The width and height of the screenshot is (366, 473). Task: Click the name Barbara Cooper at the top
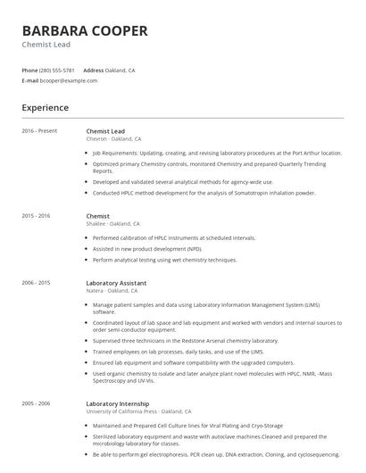tap(85, 30)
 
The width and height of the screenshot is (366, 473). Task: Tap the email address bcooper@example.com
tap(69, 80)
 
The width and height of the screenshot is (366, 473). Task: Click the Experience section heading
tap(45, 108)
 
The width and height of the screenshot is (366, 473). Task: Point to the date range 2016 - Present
tap(39, 131)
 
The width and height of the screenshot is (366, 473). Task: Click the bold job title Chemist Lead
tap(105, 131)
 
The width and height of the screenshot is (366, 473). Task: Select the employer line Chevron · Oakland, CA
tap(113, 139)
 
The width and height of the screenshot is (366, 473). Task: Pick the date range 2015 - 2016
tap(37, 216)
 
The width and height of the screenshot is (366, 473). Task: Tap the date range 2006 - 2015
tap(37, 282)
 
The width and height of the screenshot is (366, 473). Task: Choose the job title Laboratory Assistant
tap(117, 282)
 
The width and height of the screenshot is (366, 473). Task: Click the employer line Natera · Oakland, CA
tap(112, 290)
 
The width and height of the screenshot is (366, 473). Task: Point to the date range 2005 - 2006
tap(37, 403)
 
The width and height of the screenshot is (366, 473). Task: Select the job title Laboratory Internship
tap(119, 403)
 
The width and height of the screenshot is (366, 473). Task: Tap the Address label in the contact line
tap(94, 70)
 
